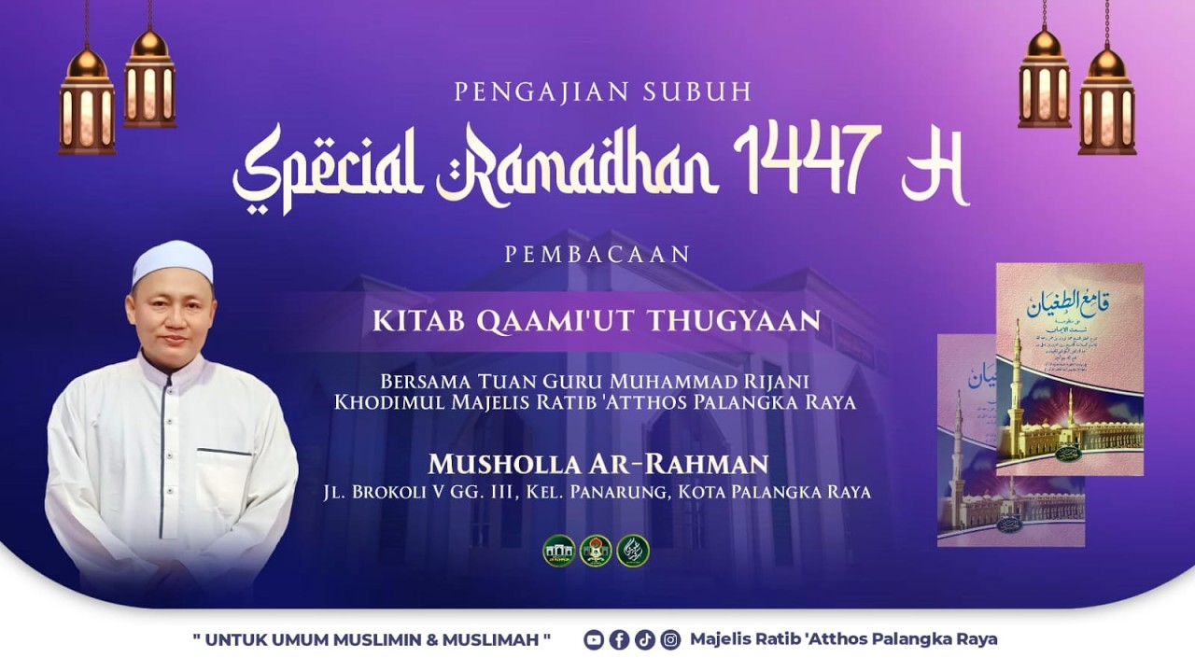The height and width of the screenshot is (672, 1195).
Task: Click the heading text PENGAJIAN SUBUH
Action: click(x=603, y=92)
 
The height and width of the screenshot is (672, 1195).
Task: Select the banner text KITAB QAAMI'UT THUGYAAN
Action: click(x=597, y=320)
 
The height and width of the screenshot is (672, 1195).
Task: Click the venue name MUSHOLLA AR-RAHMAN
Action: click(x=597, y=464)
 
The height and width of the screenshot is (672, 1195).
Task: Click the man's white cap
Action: click(x=173, y=261)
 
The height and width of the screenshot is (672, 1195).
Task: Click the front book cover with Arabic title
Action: click(x=1069, y=369)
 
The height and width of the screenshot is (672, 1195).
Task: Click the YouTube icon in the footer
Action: click(x=594, y=640)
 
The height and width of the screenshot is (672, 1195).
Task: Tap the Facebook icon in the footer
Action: click(x=619, y=640)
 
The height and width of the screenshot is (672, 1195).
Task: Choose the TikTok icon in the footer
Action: click(x=644, y=640)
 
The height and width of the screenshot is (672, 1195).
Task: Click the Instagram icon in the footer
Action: click(x=670, y=640)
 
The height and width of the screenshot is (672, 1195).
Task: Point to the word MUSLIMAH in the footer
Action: click(x=500, y=640)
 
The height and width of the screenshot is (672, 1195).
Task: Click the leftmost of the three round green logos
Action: click(x=558, y=551)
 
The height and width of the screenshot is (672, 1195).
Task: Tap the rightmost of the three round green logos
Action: click(x=633, y=551)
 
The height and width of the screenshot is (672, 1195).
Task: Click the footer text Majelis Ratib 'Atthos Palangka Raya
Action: click(x=843, y=639)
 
